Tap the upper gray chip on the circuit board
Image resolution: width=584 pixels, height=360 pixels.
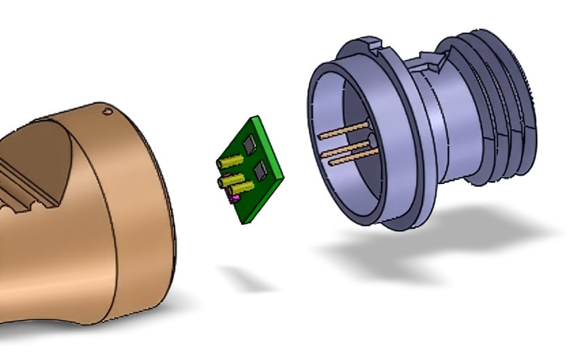pyautogui.click(x=249, y=143)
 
